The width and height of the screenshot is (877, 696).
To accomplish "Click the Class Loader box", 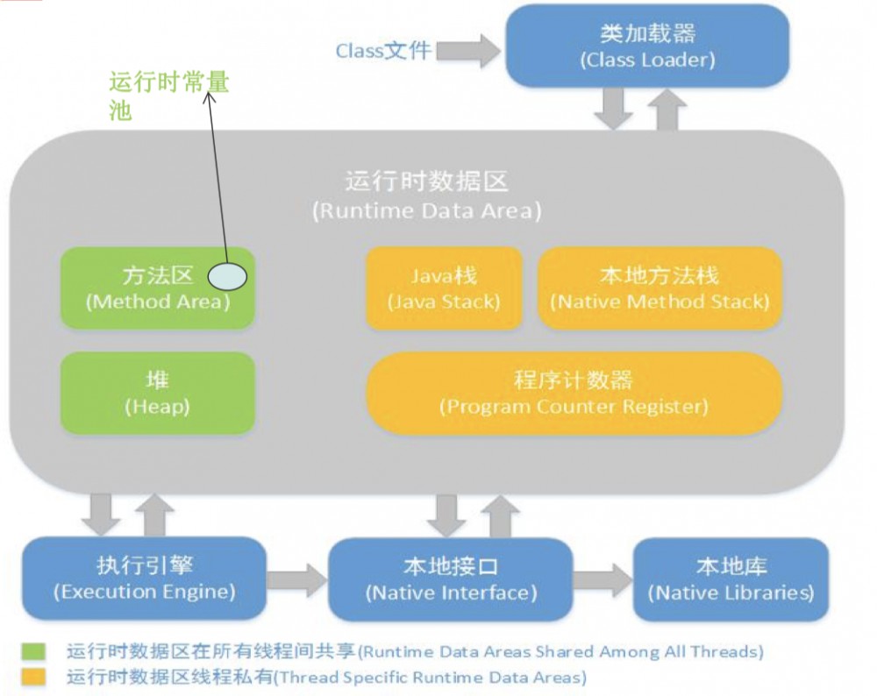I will [646, 46].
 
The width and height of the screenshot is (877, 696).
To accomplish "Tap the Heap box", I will [157, 393].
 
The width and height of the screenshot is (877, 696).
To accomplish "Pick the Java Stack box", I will [443, 288].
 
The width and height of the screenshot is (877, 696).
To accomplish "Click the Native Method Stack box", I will [659, 288].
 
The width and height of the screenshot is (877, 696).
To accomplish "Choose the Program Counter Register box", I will [573, 394].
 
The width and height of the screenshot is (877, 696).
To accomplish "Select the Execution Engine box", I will [144, 578].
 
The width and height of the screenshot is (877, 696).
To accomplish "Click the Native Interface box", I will [450, 579].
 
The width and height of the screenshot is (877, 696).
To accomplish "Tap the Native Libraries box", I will [731, 579].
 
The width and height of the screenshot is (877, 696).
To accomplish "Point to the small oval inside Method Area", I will [227, 277].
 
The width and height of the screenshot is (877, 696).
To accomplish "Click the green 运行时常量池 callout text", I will [168, 96].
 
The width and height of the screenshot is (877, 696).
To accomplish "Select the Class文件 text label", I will [383, 50].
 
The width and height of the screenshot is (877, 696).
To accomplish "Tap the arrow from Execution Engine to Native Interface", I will [296, 579].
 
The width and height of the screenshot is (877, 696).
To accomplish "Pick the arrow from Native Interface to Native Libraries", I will [602, 579].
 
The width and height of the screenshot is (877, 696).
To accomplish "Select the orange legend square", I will [34, 677].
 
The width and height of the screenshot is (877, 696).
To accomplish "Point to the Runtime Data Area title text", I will [426, 195].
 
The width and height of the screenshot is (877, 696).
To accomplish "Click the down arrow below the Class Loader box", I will [612, 109].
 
